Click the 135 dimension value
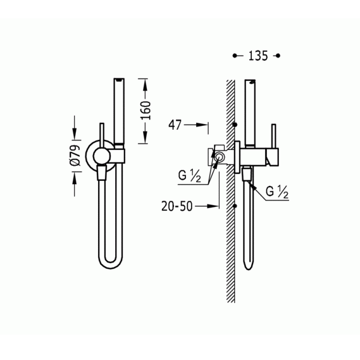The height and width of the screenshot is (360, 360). tap(258, 56)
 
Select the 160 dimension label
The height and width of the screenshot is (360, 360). tap(146, 111)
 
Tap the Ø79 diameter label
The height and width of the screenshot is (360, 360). tap(76, 156)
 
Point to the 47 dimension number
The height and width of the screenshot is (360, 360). tap(175, 125)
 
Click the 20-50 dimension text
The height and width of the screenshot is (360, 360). tap(177, 206)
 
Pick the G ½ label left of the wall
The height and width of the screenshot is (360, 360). tap(189, 177)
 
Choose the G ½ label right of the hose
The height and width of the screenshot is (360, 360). tap(276, 192)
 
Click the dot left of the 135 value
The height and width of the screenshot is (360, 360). tap(235, 56)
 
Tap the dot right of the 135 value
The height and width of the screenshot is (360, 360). tap(278, 56)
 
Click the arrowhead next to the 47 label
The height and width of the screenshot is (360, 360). tap(202, 125)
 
